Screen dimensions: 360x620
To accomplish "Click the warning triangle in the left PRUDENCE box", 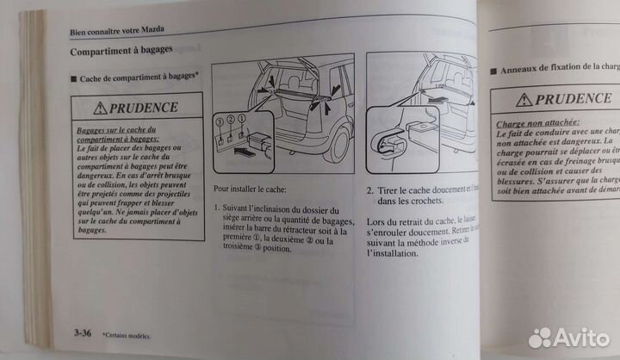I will click(102, 109).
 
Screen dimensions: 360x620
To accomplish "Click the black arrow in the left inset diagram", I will click(245, 156).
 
